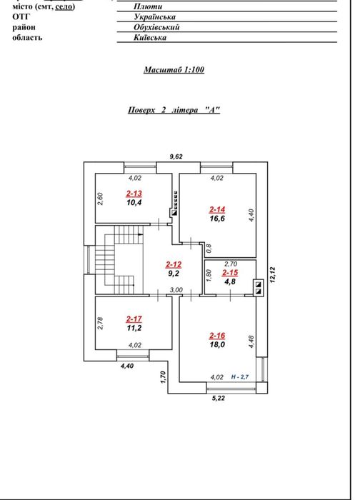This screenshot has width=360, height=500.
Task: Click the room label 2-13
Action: coord(134,194)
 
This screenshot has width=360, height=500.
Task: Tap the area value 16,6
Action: coord(217,219)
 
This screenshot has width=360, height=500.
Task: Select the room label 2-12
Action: coord(174,264)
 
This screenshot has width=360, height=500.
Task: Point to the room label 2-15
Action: coord(230,273)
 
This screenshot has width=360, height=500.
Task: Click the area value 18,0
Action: coord(217,344)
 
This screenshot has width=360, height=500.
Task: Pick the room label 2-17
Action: coord(134,319)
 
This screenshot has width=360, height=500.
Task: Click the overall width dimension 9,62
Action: coord(176,156)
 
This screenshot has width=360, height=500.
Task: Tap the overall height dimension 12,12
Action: coord(272,275)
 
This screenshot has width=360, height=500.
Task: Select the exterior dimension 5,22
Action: coord(219,398)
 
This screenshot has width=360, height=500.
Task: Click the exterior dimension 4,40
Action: coord(127,366)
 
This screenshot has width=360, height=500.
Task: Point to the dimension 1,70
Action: coord(164,377)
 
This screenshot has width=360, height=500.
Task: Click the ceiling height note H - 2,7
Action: coord(240,377)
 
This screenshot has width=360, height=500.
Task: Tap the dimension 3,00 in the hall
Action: coord(176,290)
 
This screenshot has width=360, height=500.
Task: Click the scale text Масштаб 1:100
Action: coord(174,69)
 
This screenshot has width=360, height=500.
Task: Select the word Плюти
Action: coord(148,6)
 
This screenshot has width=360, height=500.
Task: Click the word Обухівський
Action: coord(156,27)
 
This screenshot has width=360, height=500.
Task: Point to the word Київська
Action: coord(150,38)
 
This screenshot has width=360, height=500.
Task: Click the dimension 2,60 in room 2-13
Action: coord(100,199)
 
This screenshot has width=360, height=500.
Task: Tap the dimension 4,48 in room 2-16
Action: coord(251,341)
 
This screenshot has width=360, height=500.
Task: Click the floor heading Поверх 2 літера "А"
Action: coord(174,110)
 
